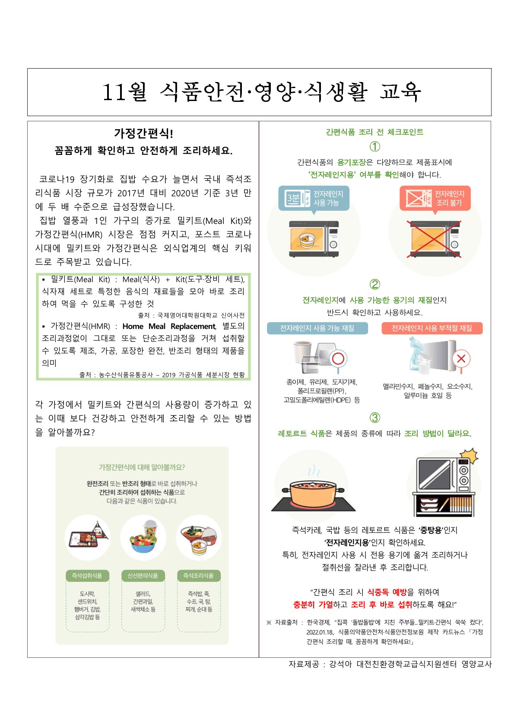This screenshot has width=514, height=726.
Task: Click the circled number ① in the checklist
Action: tap(374, 147)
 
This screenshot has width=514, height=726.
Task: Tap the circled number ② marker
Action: tap(374, 284)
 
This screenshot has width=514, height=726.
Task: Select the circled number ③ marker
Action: tap(374, 417)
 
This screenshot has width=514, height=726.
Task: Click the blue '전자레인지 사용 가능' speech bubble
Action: tap(314, 199)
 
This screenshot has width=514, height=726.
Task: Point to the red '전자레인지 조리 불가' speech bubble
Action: tap(435, 199)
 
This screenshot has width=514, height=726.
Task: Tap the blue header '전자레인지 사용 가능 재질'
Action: tap(317, 328)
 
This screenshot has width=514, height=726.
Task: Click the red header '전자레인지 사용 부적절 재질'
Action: tap(432, 328)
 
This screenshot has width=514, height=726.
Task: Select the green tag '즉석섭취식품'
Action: tap(87, 576)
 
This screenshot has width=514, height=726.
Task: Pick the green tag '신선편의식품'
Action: tap(143, 576)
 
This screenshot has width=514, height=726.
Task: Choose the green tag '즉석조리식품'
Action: tap(198, 576)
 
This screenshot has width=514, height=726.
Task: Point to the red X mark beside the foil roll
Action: tap(461, 358)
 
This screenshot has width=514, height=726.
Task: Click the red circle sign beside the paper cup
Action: tap(338, 359)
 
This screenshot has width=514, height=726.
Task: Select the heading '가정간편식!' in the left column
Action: tap(143, 133)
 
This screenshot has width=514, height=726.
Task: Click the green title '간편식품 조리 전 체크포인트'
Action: tap(374, 132)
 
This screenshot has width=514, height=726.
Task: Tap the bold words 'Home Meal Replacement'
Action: tap(169, 326)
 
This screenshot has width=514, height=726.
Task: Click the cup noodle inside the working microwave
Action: tap(307, 240)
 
